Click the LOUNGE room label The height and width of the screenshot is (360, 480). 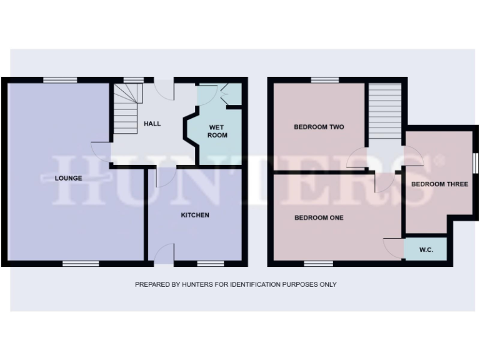(x=69, y=178)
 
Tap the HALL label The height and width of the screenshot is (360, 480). (x=152, y=124)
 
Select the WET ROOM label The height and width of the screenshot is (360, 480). (x=217, y=131)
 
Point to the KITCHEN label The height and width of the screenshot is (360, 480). (x=195, y=215)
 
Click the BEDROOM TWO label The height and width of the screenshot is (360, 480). (x=319, y=127)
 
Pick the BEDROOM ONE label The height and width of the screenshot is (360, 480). (x=319, y=218)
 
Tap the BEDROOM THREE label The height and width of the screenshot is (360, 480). (x=439, y=184)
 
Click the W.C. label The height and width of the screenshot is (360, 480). (x=426, y=250)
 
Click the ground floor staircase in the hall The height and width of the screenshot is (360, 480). (x=126, y=109)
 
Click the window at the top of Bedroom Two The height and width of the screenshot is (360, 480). (x=325, y=79)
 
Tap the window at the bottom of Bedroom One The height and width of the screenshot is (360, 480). (x=319, y=263)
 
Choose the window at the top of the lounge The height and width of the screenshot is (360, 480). (x=60, y=79)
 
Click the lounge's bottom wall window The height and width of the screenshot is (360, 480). (x=81, y=263)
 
